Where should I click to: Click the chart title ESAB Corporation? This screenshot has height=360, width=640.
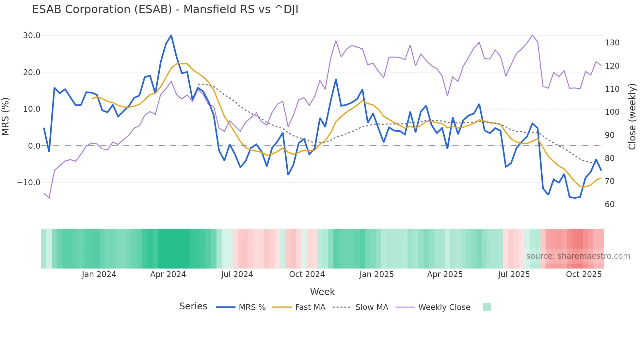pos(165,9)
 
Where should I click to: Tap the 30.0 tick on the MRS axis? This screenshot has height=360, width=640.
pos(32,36)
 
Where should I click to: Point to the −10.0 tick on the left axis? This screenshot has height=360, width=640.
pos(29,183)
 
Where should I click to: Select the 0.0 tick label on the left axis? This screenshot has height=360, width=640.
pos(34,146)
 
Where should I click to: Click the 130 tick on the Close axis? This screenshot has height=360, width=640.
pos(612,43)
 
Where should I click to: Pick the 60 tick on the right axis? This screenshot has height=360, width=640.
pos(610,205)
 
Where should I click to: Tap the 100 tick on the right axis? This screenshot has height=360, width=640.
pos(612,112)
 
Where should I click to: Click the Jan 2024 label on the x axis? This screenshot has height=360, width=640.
pos(99,274)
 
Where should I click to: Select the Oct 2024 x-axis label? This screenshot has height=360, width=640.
pos(307,274)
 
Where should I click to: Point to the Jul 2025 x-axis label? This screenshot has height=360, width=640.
pos(514,274)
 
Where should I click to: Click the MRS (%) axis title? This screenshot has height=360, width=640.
pos(6,117)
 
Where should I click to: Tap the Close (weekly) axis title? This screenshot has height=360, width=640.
pos(632,117)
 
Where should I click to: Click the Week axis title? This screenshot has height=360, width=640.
pos(322,292)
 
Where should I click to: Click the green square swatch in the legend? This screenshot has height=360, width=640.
pos(487,307)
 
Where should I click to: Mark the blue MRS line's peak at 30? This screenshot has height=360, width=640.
pos(171,35)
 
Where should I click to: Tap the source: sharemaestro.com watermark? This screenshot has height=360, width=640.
pos(578,256)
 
